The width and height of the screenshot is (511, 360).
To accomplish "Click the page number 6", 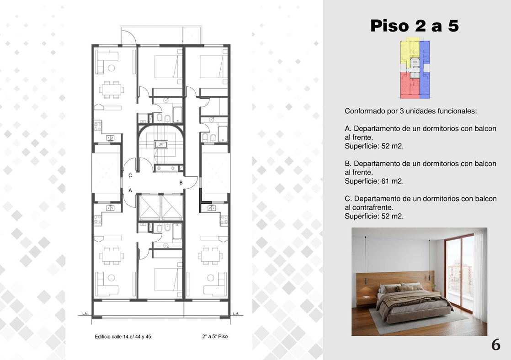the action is click(x=495, y=344).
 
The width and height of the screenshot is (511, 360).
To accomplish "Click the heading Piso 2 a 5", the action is click(x=415, y=26).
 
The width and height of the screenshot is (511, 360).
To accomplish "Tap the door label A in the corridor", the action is click(x=130, y=190).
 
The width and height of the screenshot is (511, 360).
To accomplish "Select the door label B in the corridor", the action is click(x=181, y=183).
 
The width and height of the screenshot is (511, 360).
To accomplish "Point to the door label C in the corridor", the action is click(x=130, y=175).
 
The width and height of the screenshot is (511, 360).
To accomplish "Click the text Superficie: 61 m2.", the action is click(x=374, y=181).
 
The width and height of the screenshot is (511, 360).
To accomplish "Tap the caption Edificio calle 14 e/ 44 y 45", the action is click(x=123, y=337).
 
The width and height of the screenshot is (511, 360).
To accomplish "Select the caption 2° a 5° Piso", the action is click(x=215, y=337).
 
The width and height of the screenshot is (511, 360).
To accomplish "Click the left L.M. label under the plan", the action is click(x=85, y=313).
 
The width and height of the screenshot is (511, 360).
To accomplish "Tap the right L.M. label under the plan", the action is click(x=236, y=313).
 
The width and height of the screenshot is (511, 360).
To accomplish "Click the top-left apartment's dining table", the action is click(x=112, y=89).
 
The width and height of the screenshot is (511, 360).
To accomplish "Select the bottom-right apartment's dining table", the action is click(x=210, y=255).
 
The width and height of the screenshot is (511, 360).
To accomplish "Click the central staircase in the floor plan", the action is click(x=161, y=144).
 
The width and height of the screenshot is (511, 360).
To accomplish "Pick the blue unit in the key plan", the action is click(x=425, y=69).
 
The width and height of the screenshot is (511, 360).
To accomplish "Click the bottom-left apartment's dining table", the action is click(x=112, y=255).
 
